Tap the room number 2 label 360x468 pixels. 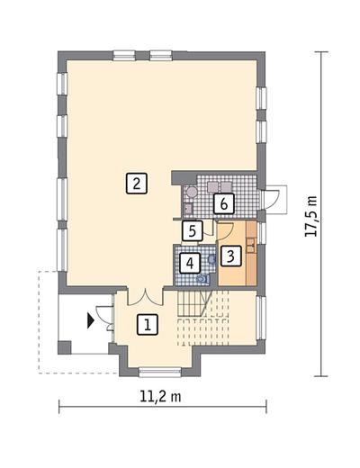click(x=135, y=184)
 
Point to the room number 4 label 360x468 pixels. click(x=189, y=264)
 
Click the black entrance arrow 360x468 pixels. click(x=91, y=318)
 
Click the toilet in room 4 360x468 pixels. click(x=202, y=279)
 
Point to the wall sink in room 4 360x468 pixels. click(x=211, y=259)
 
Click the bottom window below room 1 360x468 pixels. click(x=159, y=369)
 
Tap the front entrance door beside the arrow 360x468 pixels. click(x=106, y=316)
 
